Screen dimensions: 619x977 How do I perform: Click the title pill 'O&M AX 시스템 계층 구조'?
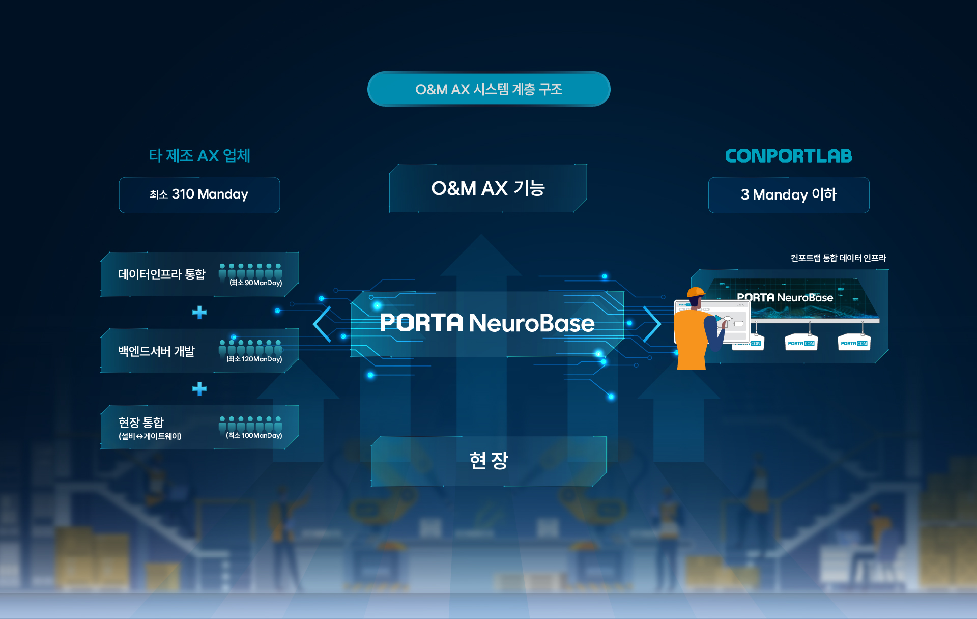click(x=489, y=89)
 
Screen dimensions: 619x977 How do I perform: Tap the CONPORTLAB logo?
click(x=788, y=156)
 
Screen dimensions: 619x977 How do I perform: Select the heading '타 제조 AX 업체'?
click(x=199, y=156)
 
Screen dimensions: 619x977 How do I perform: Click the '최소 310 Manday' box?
click(x=199, y=194)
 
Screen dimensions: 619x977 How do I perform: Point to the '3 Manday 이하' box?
click(x=788, y=194)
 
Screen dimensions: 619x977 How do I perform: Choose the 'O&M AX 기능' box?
click(x=488, y=188)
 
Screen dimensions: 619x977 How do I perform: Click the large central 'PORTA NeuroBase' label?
click(x=487, y=323)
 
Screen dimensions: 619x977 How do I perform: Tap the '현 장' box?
click(x=489, y=461)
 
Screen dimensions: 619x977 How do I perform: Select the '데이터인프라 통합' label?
click(x=162, y=274)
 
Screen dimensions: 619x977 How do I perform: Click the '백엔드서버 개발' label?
click(x=157, y=351)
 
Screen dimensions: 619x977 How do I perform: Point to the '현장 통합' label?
click(x=141, y=423)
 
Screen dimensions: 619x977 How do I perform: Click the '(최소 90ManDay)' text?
click(x=255, y=283)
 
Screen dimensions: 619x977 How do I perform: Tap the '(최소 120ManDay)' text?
click(x=254, y=359)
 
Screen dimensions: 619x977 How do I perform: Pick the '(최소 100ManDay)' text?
click(x=254, y=436)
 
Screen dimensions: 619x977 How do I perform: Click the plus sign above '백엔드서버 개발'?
click(x=199, y=312)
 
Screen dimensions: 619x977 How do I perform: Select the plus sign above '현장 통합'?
click(x=199, y=389)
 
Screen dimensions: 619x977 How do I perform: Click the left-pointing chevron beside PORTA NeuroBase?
click(x=323, y=324)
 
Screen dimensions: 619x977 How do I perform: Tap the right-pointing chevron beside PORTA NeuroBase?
click(x=652, y=324)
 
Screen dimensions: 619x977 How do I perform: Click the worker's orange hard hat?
click(x=695, y=292)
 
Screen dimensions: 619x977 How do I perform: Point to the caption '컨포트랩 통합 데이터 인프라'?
click(x=838, y=258)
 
